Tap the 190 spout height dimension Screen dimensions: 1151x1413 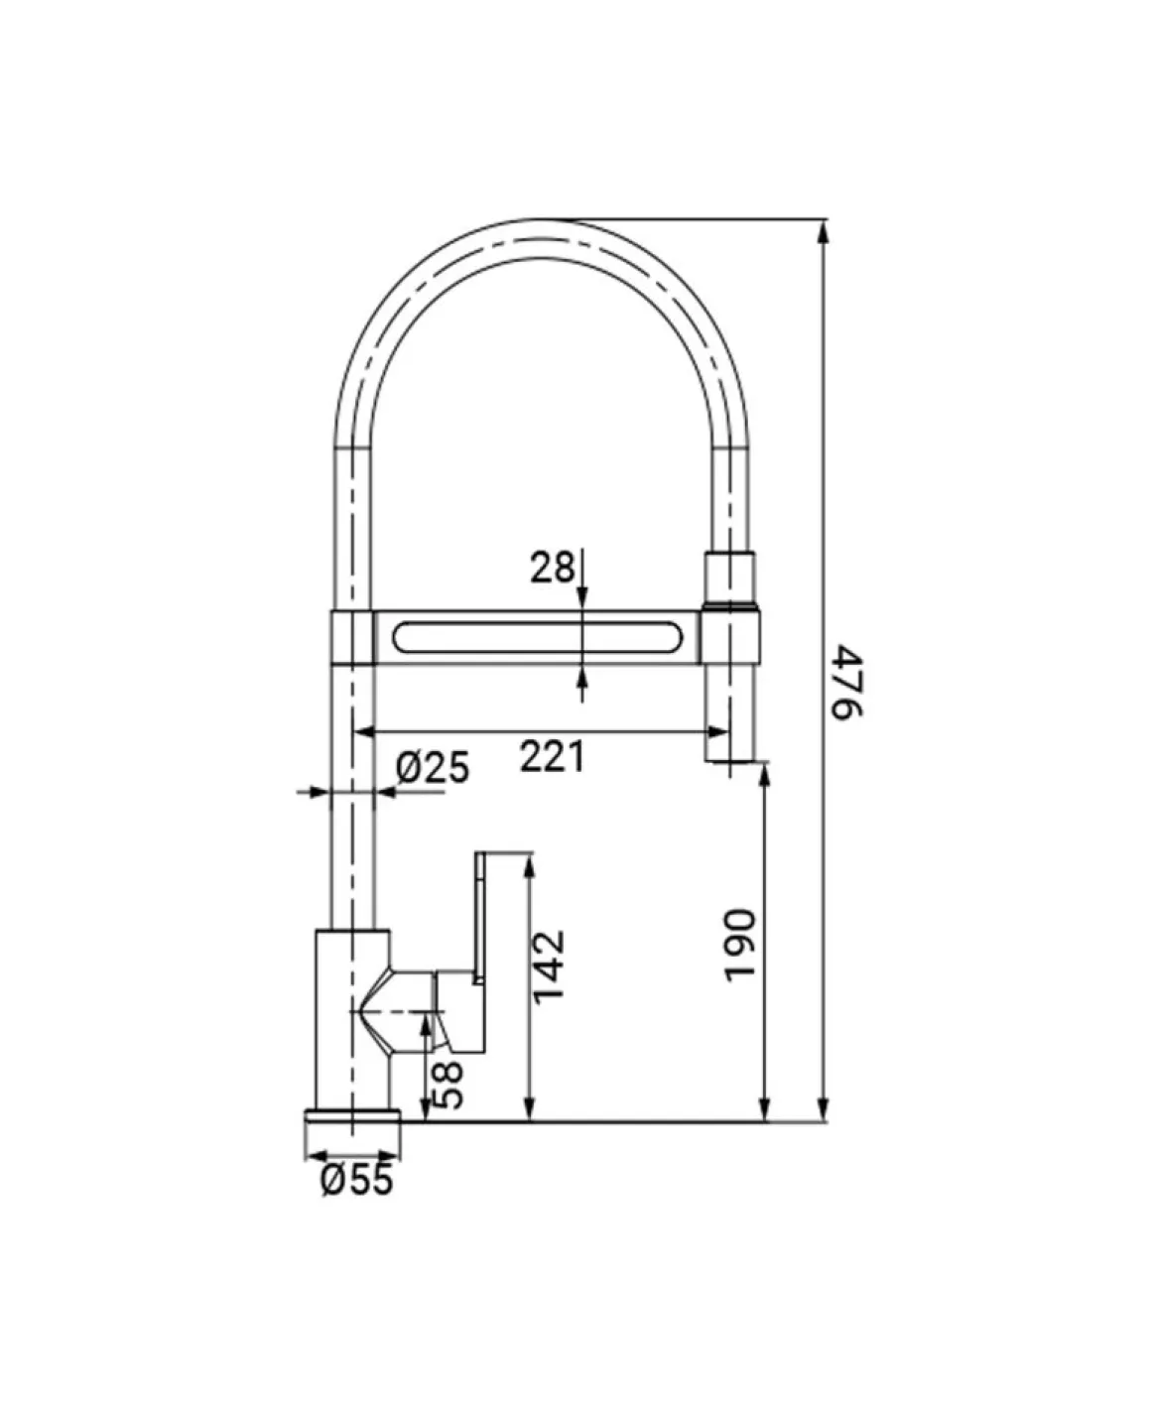point(740,946)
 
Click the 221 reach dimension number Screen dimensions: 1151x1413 point(552,756)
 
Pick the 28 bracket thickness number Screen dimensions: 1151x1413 point(552,568)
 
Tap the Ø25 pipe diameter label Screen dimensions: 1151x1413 point(432,768)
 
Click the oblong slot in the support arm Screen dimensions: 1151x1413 point(538,637)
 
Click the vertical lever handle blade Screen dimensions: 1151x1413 point(480,919)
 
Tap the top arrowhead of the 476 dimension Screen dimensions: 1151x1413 point(824,231)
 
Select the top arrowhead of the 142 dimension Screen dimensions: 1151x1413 point(529,864)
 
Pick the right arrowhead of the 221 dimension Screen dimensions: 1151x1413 point(717,731)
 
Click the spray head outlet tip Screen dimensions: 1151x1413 point(729,758)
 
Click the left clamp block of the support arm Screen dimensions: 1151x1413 point(351,637)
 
